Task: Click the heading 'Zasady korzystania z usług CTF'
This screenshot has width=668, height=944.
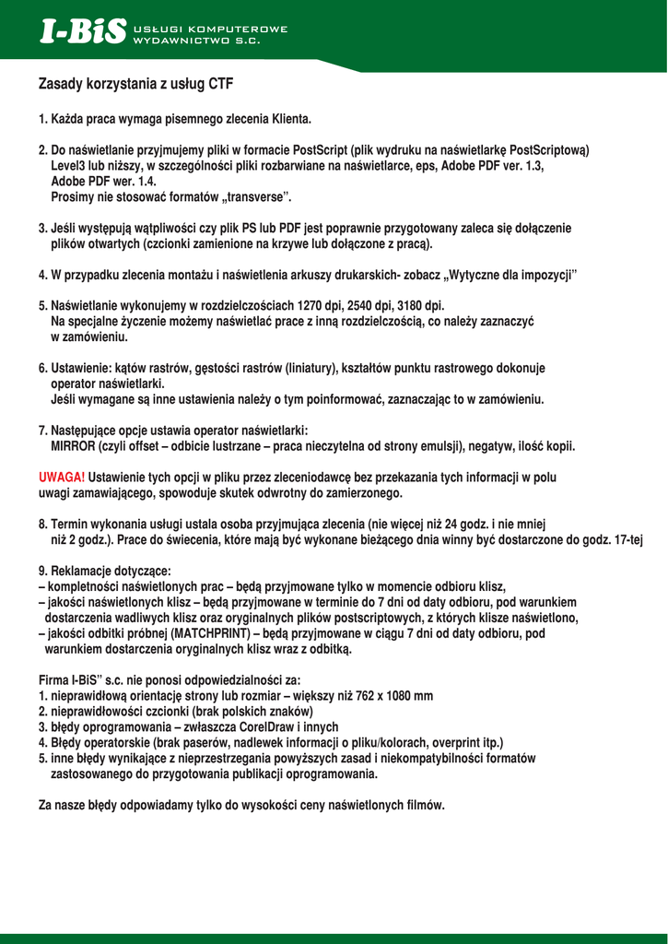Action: [135, 85]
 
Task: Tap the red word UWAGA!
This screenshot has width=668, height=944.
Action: [62, 478]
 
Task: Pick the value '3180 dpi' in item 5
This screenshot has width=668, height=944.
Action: [420, 305]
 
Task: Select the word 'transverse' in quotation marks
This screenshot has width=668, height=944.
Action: [252, 196]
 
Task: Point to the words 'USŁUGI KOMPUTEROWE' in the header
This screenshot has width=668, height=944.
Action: [211, 29]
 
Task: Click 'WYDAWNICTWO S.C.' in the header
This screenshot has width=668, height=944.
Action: [197, 41]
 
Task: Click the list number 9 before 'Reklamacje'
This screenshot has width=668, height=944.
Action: [42, 571]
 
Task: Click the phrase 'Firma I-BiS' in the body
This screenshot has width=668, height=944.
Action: [70, 680]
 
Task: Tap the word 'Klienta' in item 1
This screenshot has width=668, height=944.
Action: [290, 119]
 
